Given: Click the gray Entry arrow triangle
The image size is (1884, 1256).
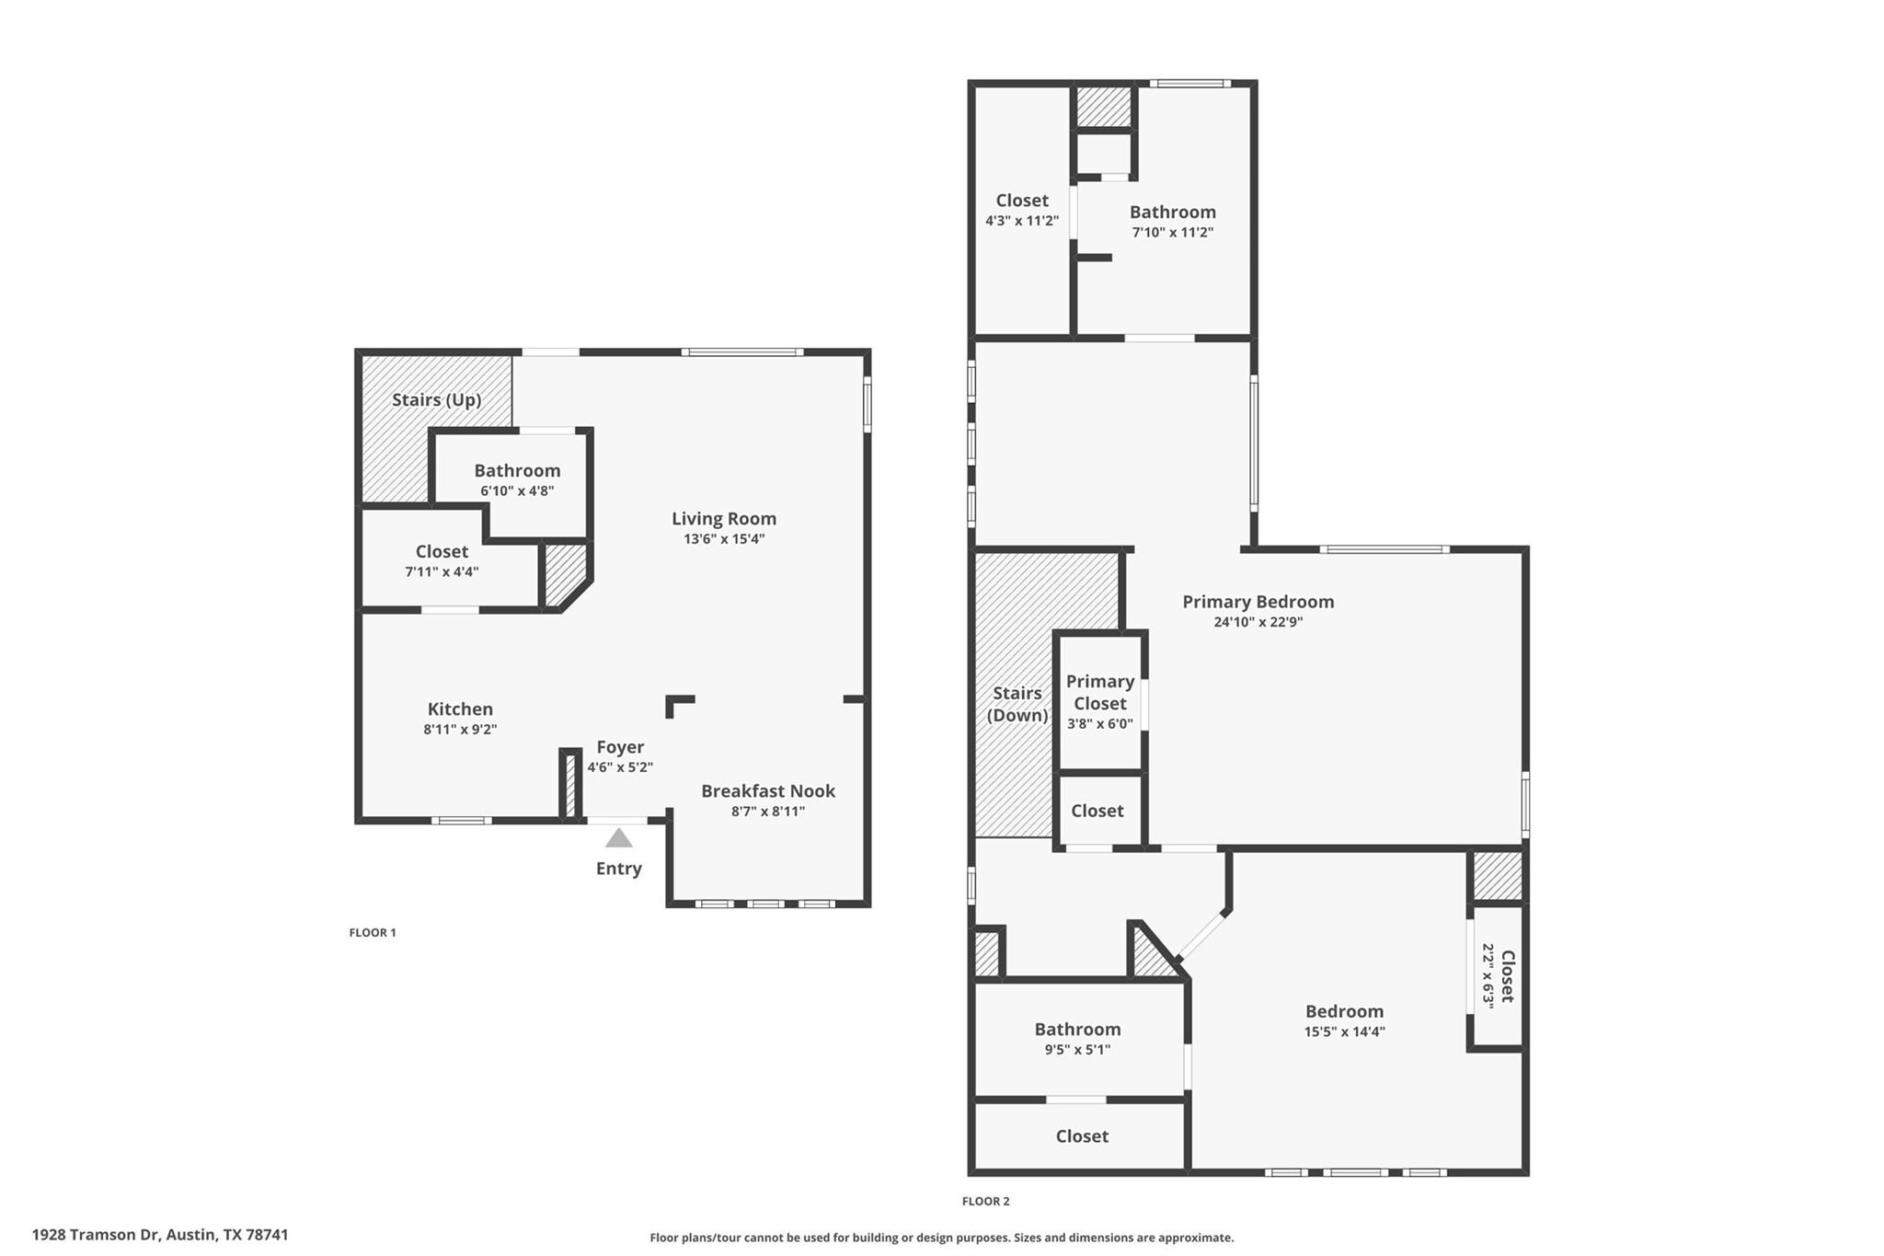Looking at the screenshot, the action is click(619, 837).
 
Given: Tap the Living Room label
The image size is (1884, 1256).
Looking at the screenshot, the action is click(724, 519).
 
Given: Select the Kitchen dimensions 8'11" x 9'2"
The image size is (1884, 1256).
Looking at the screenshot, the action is click(460, 730).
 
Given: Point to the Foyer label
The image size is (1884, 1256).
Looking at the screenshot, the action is click(620, 747).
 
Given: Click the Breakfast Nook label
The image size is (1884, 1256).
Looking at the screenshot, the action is click(768, 790).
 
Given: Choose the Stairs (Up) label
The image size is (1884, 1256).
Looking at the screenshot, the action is click(437, 400).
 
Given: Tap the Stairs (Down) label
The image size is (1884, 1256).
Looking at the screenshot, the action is click(1017, 704).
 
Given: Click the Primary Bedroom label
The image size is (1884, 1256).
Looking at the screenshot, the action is click(1258, 602).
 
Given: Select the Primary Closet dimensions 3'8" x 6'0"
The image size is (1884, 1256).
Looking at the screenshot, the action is click(1100, 724).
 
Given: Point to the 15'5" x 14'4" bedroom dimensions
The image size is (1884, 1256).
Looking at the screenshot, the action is click(1344, 1031).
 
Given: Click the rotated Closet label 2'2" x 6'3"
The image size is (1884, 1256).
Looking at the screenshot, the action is click(1498, 976).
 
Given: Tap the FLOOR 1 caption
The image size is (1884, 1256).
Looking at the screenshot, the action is click(373, 932).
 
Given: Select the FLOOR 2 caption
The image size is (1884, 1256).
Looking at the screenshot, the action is click(986, 1201).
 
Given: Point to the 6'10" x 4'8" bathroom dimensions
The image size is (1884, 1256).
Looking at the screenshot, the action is click(517, 491).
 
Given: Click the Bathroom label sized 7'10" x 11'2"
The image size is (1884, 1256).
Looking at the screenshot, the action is click(1173, 212).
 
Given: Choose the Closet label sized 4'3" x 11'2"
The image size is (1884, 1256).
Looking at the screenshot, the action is click(1022, 201).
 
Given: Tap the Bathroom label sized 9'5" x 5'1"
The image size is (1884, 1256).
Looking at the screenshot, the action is click(1077, 1029).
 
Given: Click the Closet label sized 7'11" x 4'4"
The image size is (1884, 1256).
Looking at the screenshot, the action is click(442, 551).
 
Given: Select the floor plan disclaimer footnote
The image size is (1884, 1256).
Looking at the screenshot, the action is click(942, 1238).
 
